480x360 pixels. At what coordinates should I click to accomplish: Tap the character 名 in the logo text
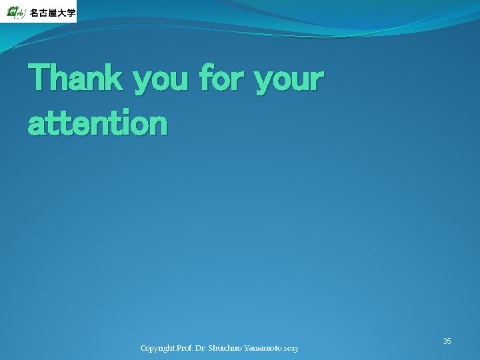[35, 13]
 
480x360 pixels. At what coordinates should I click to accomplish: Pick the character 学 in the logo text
[71, 13]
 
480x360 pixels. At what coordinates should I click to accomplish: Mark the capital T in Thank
[39, 79]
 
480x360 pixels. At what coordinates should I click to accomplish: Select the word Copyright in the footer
[157, 349]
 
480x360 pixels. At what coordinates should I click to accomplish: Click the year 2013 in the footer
[291, 349]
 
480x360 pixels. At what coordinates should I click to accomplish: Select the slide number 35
[447, 341]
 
